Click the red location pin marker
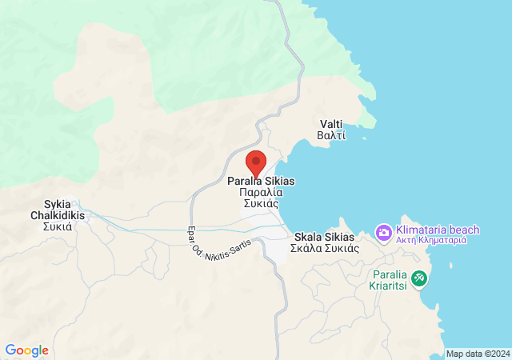click(255, 162)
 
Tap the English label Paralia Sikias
click(261, 182)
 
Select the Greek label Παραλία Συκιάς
click(261, 193)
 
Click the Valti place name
click(332, 124)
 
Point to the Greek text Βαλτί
click(332, 135)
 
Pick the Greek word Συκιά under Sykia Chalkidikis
click(58, 226)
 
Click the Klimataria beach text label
click(438, 230)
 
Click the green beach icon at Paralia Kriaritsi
click(419, 278)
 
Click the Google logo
click(26, 350)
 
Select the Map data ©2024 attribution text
click(477, 354)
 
